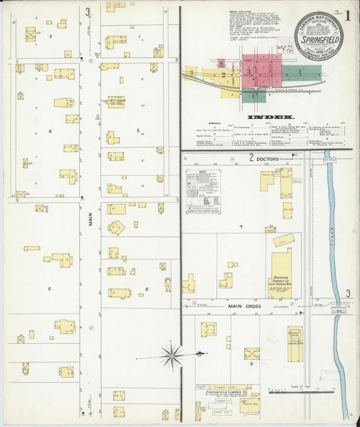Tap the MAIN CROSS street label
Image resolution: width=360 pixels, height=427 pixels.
point(244,306)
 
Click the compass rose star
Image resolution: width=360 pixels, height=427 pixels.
point(172,354)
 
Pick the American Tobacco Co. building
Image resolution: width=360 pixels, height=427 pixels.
point(281,274)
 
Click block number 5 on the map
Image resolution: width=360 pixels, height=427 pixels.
point(49,288)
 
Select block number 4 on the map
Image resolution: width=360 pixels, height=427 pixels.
point(49,131)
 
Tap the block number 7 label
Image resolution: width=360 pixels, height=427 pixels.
point(240,226)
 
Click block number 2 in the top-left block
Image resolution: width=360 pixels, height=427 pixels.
point(50,36)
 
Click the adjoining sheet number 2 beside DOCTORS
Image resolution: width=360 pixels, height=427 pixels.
point(251,158)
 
